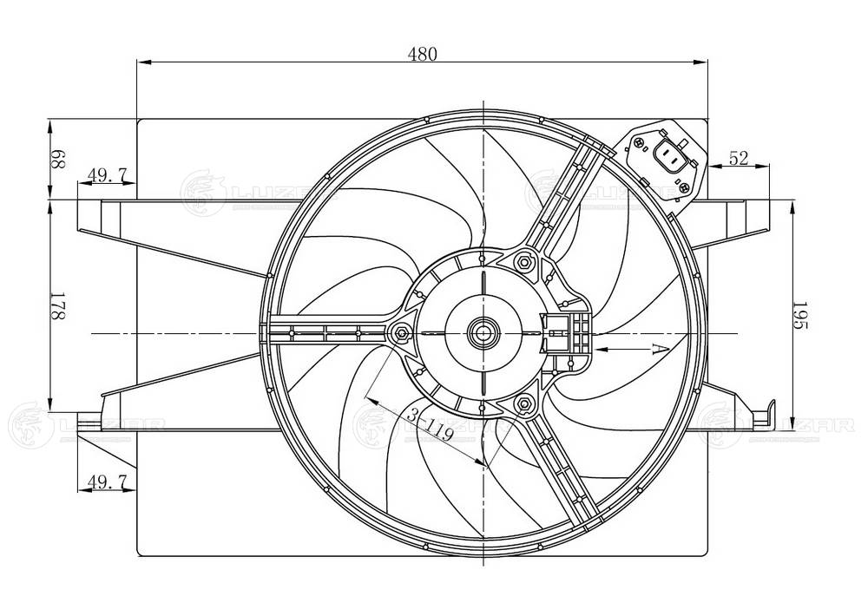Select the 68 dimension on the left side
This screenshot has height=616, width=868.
(x=58, y=159)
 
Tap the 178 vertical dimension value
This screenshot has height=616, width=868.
(x=58, y=307)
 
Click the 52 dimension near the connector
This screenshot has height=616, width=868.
(x=739, y=158)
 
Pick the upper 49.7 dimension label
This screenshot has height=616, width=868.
(x=108, y=176)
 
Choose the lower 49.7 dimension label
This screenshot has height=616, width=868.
(x=108, y=479)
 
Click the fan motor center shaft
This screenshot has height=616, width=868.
(x=482, y=331)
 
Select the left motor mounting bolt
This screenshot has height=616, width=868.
(x=402, y=332)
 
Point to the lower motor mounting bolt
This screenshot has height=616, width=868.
(x=523, y=403)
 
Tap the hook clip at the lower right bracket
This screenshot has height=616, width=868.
(x=772, y=414)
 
